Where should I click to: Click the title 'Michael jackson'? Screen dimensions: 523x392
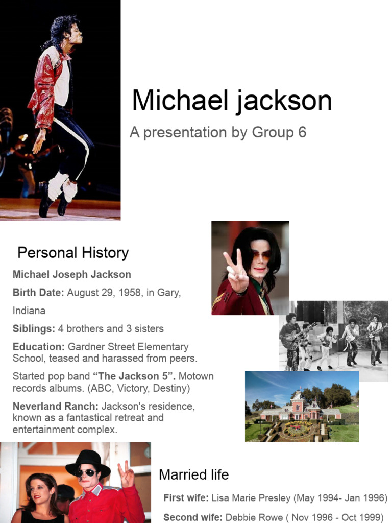[x=232, y=101]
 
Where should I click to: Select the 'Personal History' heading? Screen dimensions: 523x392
[x=73, y=253]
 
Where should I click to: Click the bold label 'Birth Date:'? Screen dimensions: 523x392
[x=38, y=293]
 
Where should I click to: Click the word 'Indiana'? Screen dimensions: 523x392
[x=29, y=311]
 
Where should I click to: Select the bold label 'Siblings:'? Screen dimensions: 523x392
[x=34, y=328]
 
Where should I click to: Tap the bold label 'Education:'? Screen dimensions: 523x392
[x=39, y=347]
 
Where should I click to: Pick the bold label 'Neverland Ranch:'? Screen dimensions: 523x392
[x=56, y=407]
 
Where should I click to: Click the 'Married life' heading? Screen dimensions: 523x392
[x=193, y=475]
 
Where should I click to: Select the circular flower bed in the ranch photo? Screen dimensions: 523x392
[x=299, y=429]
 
